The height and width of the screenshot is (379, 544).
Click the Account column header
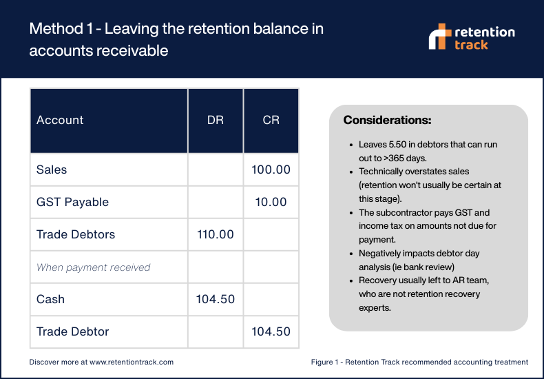(x=60, y=120)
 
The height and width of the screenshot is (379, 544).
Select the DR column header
(x=215, y=120)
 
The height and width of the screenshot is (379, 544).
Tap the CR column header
(x=271, y=120)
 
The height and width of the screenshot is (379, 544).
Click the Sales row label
(x=52, y=170)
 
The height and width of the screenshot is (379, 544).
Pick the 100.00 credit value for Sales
(x=271, y=170)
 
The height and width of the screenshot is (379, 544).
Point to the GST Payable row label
(x=72, y=202)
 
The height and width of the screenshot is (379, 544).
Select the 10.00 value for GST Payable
(x=271, y=202)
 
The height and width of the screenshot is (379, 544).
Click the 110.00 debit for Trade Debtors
(x=215, y=234)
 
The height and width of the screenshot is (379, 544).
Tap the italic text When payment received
(x=93, y=267)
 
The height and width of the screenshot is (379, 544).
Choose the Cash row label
(x=50, y=299)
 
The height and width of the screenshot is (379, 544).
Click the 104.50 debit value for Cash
(x=215, y=299)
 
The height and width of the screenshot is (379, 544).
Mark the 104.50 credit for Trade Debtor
(x=271, y=331)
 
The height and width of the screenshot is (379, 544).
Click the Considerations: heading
(x=387, y=120)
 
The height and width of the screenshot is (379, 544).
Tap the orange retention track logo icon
(x=439, y=37)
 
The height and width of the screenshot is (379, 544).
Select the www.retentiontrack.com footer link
(x=131, y=362)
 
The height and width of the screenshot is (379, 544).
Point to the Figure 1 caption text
(x=419, y=362)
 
